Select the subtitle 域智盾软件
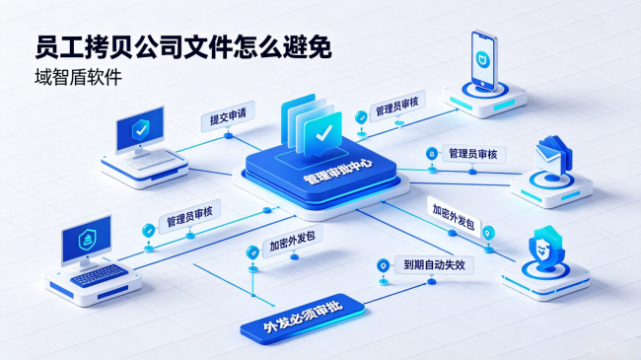tap(78, 77)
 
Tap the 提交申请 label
tap(228, 116)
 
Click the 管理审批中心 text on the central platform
tap(338, 172)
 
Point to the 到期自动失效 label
tap(434, 264)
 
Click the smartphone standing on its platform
tap(483, 60)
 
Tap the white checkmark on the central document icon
tap(323, 132)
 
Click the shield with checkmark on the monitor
tap(141, 129)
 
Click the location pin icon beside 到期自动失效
tap(383, 265)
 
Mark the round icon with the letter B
tap(432, 154)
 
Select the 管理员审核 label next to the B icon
tap(473, 154)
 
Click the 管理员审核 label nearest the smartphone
tap(397, 106)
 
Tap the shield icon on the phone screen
tap(483, 60)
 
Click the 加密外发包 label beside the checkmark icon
tap(292, 241)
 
